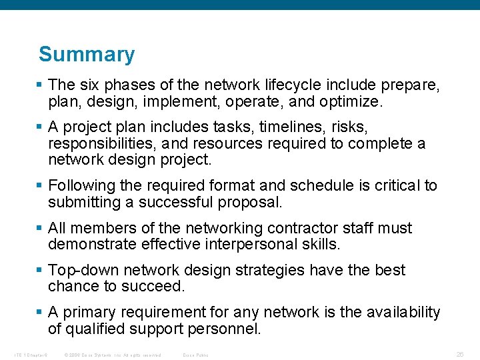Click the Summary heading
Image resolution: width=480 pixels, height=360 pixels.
click(x=87, y=54)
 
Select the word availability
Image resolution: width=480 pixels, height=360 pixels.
click(x=398, y=312)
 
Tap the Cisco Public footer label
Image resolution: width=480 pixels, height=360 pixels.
click(x=196, y=355)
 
